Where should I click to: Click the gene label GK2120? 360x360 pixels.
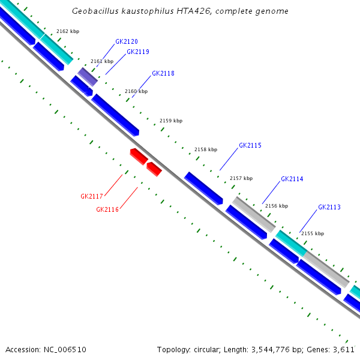[127, 42]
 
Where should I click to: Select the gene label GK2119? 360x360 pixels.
[138, 52]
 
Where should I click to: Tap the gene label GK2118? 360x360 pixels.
[163, 73]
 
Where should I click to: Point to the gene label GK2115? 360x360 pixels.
[250, 146]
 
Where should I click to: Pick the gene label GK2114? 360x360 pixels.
[292, 179]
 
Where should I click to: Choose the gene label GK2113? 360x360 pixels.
[329, 208]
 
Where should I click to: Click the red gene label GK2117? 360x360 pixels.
[92, 196]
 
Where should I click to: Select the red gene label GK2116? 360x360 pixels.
[107, 209]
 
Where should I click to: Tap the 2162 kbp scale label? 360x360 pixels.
[67, 31]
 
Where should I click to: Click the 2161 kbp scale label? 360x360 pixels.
[102, 61]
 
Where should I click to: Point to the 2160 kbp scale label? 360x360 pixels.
[136, 92]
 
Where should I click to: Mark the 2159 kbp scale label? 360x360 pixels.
[171, 121]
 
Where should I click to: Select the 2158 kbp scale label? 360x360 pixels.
[206, 149]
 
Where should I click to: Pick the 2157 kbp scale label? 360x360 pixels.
[241, 178]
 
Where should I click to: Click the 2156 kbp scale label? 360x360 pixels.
[277, 206]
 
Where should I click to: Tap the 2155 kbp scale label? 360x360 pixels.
[312, 233]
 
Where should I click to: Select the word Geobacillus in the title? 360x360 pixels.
[93, 11]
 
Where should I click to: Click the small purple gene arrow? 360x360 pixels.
[87, 76]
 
